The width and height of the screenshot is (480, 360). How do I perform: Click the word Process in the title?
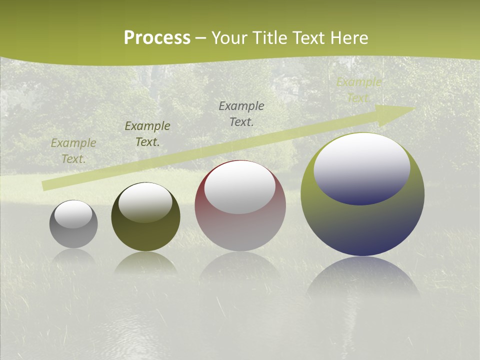coord(157,38)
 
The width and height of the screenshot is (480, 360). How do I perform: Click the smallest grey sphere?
coord(73,235)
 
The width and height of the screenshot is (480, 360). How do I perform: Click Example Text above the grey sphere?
coord(73,150)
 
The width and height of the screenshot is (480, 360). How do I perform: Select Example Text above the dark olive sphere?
coord(147,134)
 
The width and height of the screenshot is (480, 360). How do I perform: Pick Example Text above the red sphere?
coord(241,113)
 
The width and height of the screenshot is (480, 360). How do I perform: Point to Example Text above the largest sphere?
coord(358,90)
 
